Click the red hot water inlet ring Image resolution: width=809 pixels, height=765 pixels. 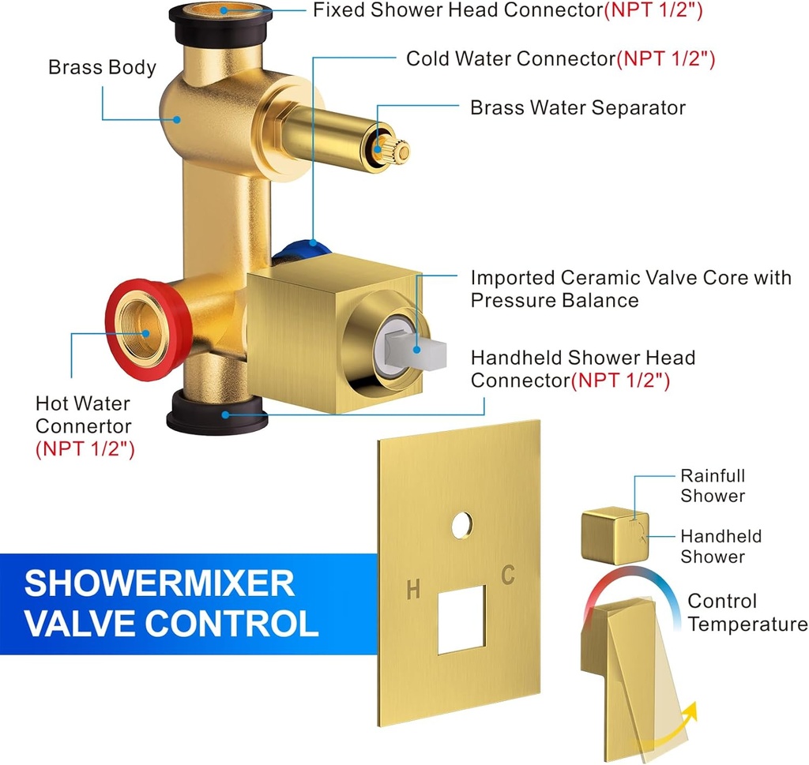click(119, 300)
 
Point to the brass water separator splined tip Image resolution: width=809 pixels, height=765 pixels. click(392, 148)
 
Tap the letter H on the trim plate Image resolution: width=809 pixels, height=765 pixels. click(412, 589)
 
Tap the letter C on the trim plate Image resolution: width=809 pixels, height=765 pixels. click(508, 576)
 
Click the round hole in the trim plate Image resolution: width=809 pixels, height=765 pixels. click(462, 525)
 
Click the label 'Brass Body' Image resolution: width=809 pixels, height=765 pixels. click(102, 67)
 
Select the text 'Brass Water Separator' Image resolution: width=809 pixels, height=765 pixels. click(578, 107)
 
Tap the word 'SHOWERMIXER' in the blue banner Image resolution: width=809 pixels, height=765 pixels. click(159, 583)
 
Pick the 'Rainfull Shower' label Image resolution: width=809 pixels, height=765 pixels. click(713, 486)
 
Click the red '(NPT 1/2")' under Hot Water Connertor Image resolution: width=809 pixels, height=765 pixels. click(85, 449)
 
